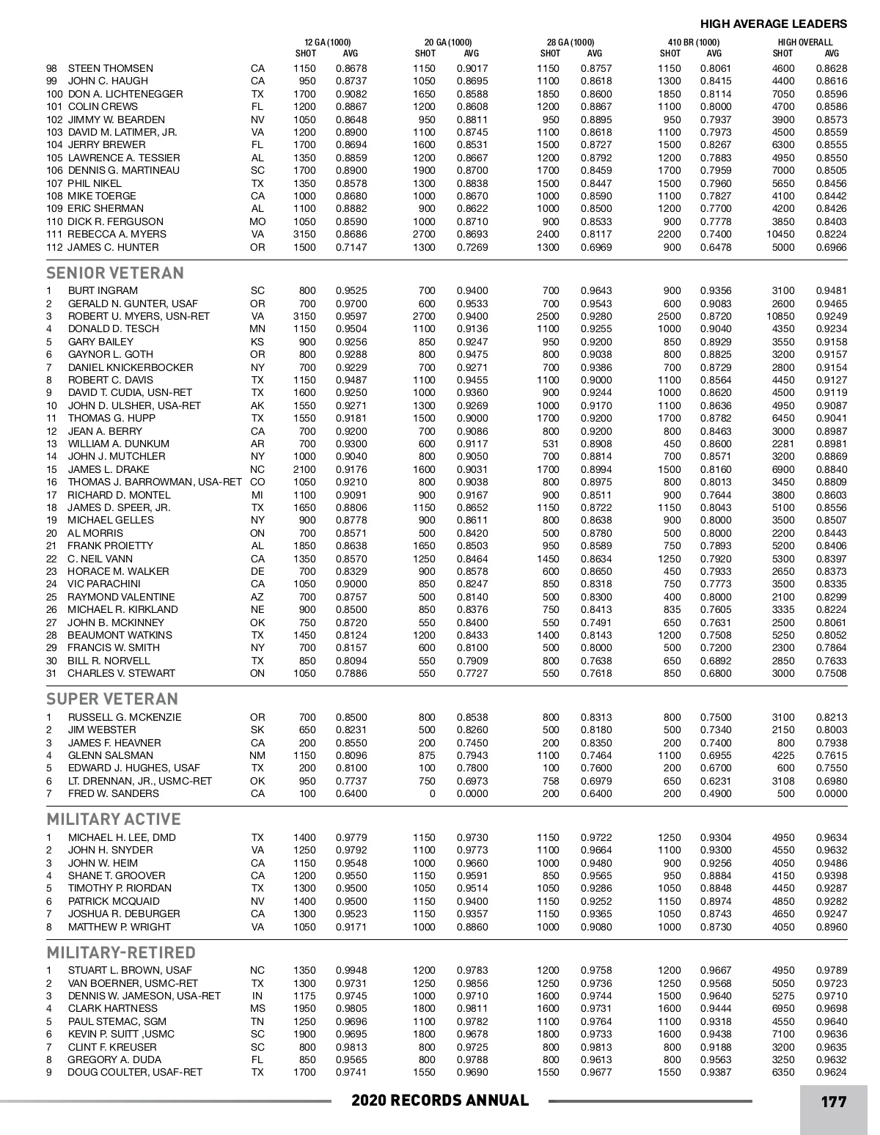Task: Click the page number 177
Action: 834,1101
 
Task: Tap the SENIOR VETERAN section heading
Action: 115,273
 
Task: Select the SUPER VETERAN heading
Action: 112,699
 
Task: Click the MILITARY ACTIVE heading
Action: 114,819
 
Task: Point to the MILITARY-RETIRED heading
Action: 121,952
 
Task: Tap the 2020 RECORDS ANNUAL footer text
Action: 440,1101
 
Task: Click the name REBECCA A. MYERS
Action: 117,234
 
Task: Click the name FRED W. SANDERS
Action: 113,793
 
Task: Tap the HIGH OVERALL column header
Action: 805,42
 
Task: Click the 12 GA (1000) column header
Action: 328,42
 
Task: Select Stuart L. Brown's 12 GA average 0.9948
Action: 351,970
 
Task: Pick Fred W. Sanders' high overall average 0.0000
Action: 831,793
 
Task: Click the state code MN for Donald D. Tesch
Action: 257,328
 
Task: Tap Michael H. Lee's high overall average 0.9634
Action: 831,837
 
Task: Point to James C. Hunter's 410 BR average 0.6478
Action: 715,247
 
